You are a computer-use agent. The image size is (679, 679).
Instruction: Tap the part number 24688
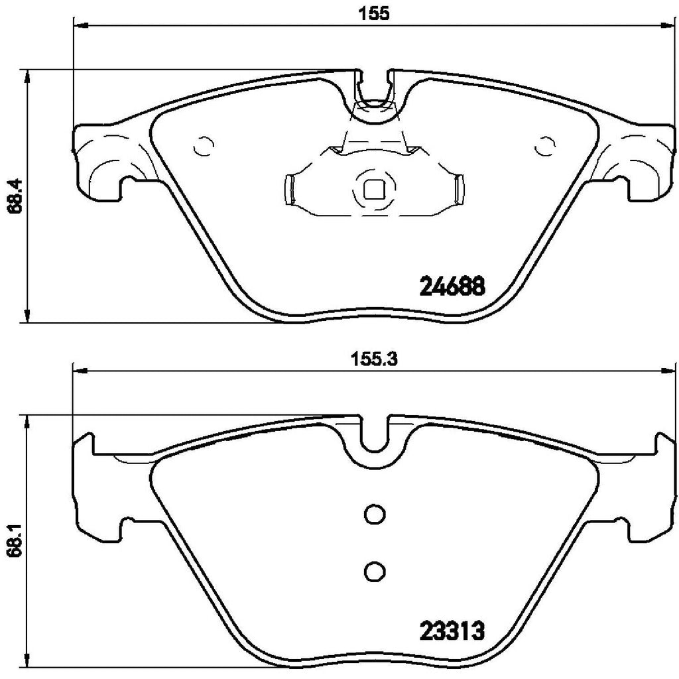[454, 287]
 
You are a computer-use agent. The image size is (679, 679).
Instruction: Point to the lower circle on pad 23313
[374, 570]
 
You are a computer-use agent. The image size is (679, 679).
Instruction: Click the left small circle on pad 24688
[203, 145]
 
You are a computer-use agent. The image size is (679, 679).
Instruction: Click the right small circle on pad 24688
[545, 145]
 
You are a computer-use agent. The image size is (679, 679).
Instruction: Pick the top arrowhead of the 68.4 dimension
[27, 76]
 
